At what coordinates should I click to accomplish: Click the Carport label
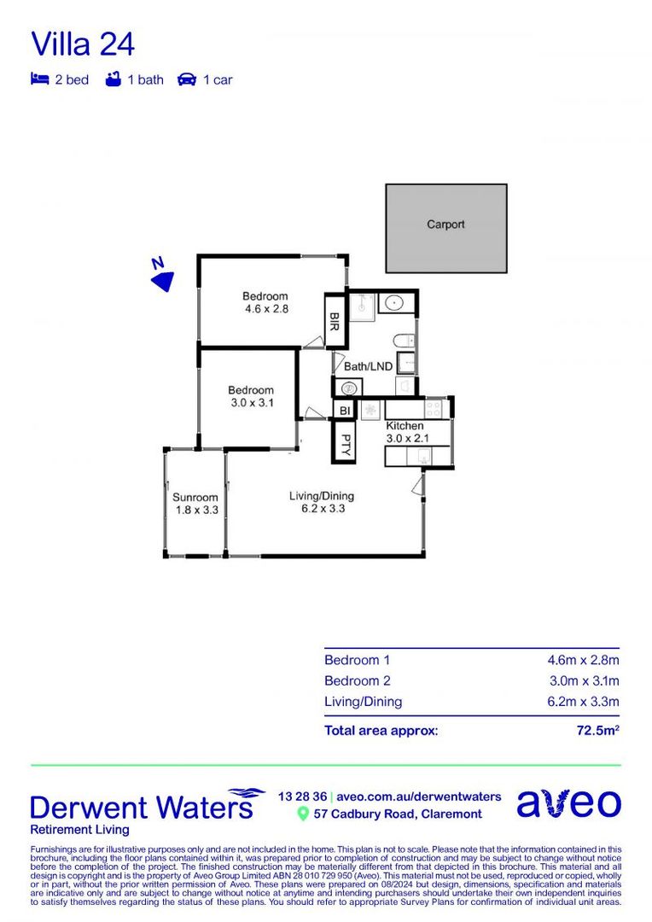[x=445, y=225]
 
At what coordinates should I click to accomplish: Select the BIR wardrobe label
[x=335, y=319]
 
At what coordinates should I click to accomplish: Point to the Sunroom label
[x=195, y=497]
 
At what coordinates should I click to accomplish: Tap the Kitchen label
[x=405, y=426]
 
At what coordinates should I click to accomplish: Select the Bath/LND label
[x=368, y=366]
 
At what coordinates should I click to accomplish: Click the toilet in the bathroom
[x=405, y=340]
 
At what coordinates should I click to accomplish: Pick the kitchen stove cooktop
[x=433, y=409]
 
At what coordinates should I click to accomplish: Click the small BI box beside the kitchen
[x=344, y=411]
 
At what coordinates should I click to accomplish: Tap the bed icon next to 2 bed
[x=39, y=79]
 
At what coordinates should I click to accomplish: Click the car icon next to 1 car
[x=186, y=79]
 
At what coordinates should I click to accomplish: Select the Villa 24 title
[x=83, y=44]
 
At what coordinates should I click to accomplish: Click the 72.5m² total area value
[x=596, y=731]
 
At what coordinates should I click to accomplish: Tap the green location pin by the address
[x=302, y=814]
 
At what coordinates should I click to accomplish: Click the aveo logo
[x=568, y=803]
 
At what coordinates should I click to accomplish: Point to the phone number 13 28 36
[x=302, y=796]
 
